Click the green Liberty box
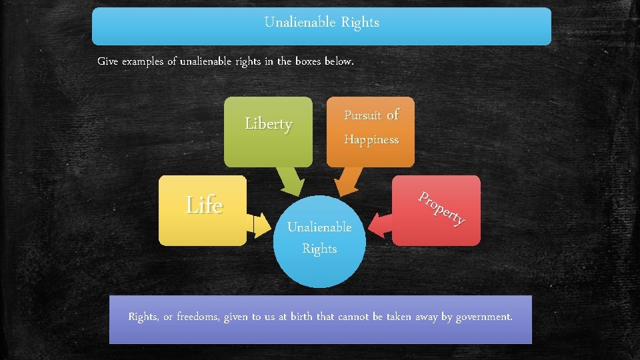pyautogui.click(x=267, y=131)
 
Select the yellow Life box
pyautogui.click(x=203, y=210)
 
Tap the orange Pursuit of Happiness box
pyautogui.click(x=371, y=131)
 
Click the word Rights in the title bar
pyautogui.click(x=360, y=22)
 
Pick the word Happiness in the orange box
pyautogui.click(x=371, y=140)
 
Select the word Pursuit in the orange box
pyautogui.click(x=363, y=115)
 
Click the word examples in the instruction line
pyautogui.click(x=143, y=61)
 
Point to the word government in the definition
pyautogui.click(x=484, y=316)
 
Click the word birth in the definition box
pyautogui.click(x=298, y=316)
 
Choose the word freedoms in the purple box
pyautogui.click(x=198, y=316)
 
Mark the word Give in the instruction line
pyautogui.click(x=108, y=61)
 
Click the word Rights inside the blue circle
pyautogui.click(x=319, y=249)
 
